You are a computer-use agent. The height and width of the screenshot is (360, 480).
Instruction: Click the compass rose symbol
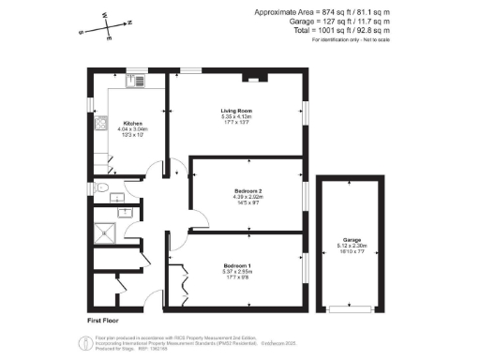(x=107, y=27)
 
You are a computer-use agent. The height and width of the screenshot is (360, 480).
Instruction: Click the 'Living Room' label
(x=233, y=110)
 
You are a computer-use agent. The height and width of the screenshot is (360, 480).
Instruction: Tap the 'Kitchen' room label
(x=132, y=123)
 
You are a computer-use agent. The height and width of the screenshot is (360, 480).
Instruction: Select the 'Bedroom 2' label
(x=248, y=190)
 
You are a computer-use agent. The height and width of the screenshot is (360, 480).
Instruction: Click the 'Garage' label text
(x=352, y=240)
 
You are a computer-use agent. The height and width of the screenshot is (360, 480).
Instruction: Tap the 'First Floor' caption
(x=107, y=320)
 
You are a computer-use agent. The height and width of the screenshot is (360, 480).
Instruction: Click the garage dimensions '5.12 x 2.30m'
(x=352, y=247)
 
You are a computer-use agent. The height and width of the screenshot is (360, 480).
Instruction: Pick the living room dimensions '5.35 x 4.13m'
(x=233, y=116)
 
